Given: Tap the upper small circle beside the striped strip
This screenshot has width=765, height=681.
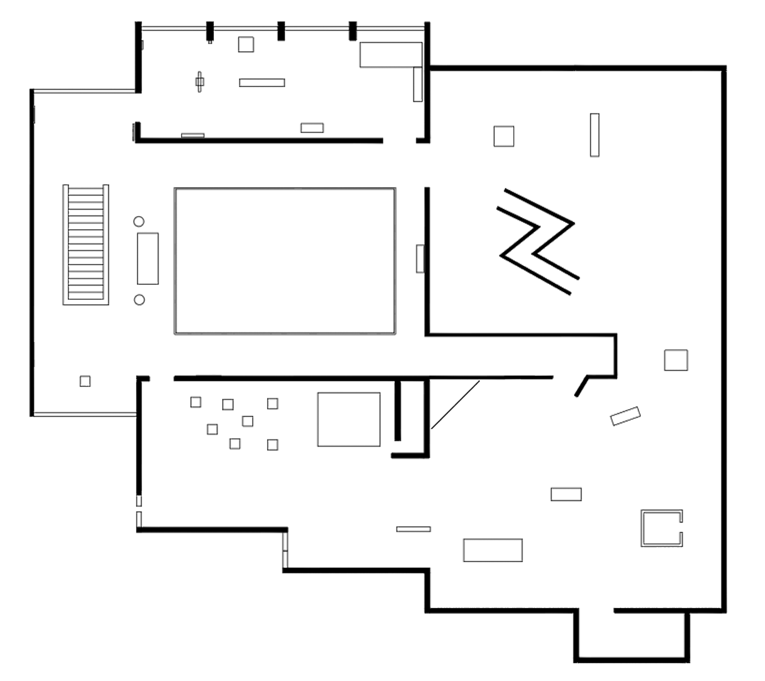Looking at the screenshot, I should coord(138,222).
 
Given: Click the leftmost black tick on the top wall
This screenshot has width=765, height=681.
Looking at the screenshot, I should coord(209,31).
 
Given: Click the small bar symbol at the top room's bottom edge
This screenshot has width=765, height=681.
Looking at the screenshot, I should coord(312,128).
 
